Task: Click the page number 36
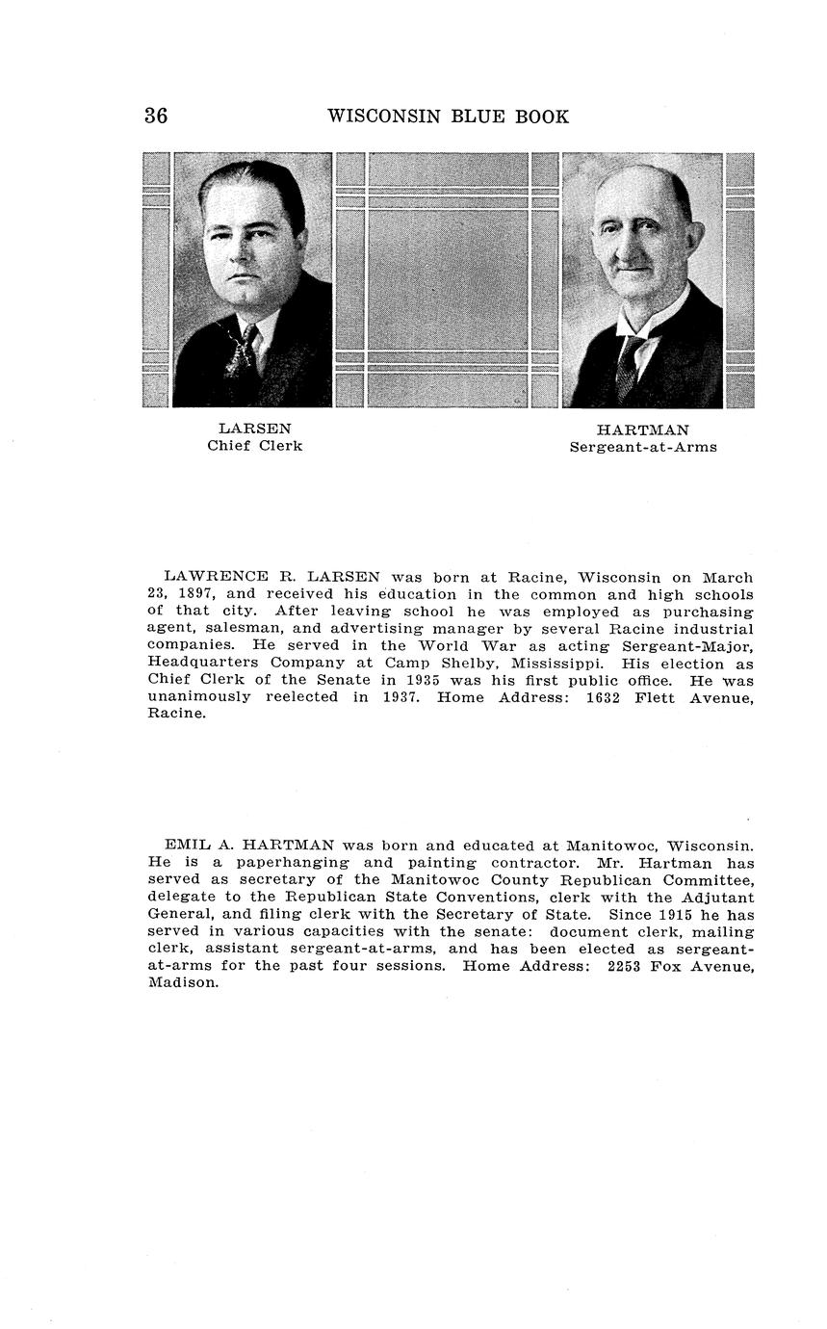pos(156,117)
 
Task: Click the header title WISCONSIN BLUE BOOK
pos(448,117)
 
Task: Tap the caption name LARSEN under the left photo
pos(254,429)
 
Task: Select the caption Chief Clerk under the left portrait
pos(254,446)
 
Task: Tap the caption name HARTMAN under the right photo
pos(642,430)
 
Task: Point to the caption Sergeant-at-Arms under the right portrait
pos(642,447)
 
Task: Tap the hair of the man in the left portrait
pos(255,178)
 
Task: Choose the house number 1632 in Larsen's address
pos(606,697)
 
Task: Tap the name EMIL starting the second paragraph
pos(186,846)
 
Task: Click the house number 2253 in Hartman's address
pos(630,966)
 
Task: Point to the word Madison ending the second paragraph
pos(183,983)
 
